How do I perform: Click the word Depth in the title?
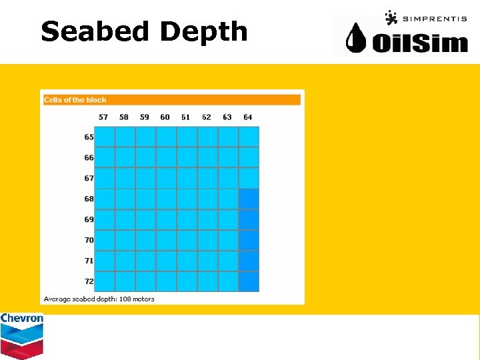[203, 31]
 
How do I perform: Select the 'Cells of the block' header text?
[75, 100]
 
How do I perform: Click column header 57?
[103, 117]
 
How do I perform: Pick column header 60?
[165, 117]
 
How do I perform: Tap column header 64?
[248, 117]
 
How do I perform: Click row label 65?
[89, 137]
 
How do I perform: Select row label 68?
[89, 199]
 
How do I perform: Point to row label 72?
[89, 281]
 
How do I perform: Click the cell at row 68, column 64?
[249, 199]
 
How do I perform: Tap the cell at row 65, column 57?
[105, 137]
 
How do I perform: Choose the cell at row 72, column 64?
[249, 281]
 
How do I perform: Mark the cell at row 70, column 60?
[166, 240]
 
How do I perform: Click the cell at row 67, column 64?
[249, 178]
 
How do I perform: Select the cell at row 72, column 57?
[105, 281]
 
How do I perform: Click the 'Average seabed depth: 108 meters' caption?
[99, 299]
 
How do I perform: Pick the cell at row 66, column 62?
[207, 157]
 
